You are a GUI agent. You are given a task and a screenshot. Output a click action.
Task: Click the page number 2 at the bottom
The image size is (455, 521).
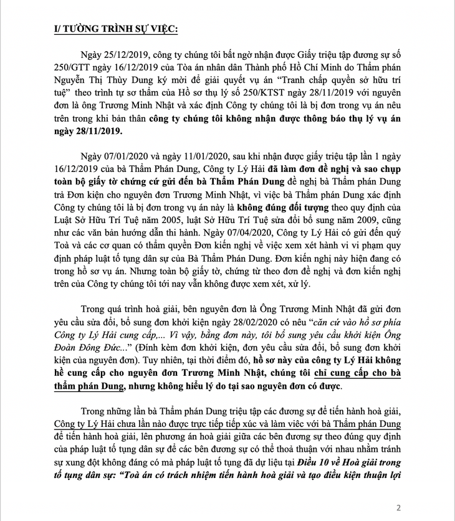pos(433,506)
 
